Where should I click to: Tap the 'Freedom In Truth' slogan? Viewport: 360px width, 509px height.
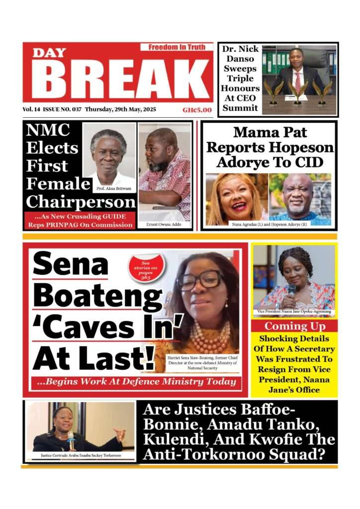coord(176,47)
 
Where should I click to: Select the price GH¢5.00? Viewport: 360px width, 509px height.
coord(197,110)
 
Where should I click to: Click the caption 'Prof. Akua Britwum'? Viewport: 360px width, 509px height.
coord(114,188)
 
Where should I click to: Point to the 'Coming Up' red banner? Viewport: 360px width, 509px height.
coord(294,326)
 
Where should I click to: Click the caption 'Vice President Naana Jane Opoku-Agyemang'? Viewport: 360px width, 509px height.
coord(294,312)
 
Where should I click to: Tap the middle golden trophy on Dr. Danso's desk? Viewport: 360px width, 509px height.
coord(297,92)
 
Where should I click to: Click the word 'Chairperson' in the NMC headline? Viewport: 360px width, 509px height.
coord(81,202)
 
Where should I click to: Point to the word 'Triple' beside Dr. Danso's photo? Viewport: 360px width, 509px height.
coord(241,79)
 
